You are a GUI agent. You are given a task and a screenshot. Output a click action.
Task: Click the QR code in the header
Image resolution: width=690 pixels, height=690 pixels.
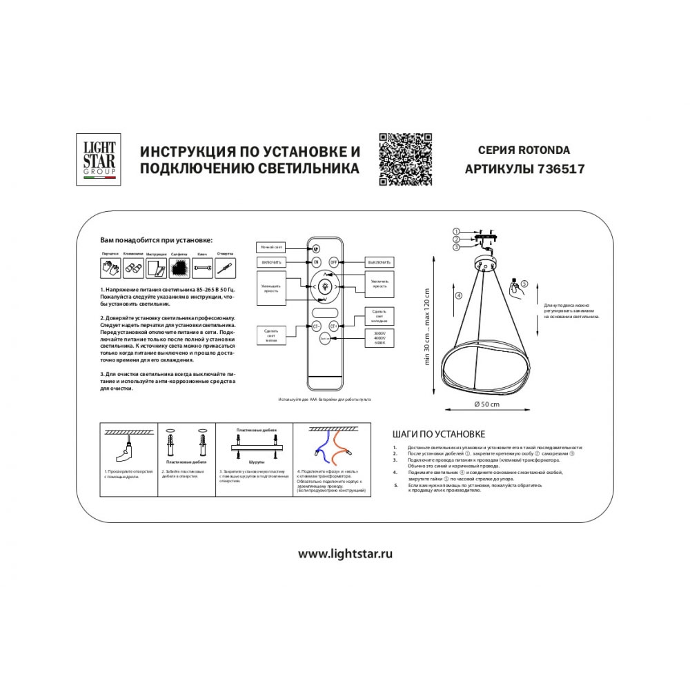(x=406, y=159)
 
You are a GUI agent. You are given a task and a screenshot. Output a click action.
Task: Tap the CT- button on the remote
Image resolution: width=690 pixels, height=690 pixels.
(x=316, y=326)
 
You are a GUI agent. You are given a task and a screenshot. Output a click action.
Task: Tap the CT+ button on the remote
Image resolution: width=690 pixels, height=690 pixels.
(x=335, y=326)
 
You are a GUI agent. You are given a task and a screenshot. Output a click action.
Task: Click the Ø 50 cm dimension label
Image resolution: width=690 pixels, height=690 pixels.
(x=489, y=404)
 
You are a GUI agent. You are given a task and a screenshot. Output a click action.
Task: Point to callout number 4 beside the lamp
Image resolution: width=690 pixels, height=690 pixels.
(x=439, y=296)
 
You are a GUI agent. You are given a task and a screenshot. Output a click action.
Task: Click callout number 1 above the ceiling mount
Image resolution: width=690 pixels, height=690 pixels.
(x=456, y=230)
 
